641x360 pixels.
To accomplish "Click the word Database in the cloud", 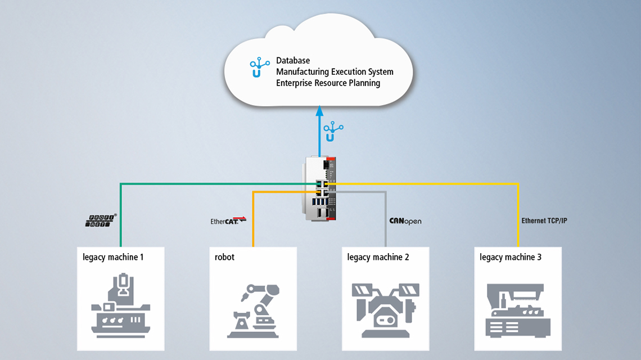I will click(x=293, y=60).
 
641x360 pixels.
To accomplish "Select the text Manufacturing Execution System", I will click(x=335, y=71).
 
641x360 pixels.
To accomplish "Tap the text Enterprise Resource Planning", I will click(x=328, y=83).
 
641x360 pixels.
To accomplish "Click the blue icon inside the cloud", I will click(x=259, y=67).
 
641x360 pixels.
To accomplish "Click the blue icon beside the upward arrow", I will click(x=333, y=132).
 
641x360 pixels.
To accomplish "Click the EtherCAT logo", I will click(x=228, y=220).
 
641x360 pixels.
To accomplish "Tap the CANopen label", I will click(x=405, y=221).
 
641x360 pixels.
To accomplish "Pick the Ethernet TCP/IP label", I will click(x=544, y=220).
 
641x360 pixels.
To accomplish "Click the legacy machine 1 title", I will click(x=113, y=257).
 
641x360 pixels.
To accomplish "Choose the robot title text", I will click(x=225, y=257).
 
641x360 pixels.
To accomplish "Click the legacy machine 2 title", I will click(x=378, y=257).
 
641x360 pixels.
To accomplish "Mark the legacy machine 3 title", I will click(x=511, y=257).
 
